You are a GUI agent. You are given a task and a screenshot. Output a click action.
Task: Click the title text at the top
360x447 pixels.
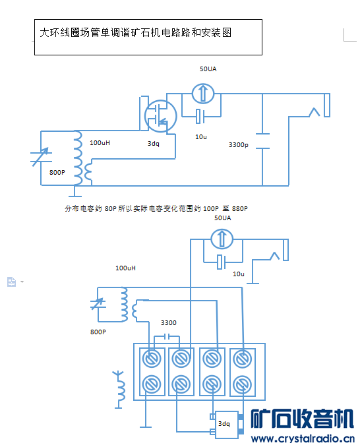pos(135,32)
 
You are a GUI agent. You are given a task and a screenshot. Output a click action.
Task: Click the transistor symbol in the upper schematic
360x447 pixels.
pos(160,116)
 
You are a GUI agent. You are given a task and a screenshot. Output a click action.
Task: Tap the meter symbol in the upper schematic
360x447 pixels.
pos(203,93)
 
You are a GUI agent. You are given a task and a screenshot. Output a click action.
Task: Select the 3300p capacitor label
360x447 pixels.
pos(238,145)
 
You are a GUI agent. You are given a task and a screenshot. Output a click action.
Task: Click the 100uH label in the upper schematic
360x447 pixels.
pos(100,142)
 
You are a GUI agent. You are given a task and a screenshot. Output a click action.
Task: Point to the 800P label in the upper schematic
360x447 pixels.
pos(57,172)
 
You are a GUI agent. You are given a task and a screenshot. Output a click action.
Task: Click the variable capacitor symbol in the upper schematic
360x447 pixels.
pos(41,157)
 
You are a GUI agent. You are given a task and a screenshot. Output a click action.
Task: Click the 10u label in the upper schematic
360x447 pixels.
pos(201,137)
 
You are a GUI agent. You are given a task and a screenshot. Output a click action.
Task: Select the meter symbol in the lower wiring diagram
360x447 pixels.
pos(222,239)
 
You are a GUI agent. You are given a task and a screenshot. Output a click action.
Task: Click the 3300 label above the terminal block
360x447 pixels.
pos(168,322)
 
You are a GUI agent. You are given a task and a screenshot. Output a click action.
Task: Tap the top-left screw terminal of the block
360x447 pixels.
pos(152,359)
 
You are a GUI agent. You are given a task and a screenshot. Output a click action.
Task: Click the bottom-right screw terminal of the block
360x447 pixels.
pos(242,384)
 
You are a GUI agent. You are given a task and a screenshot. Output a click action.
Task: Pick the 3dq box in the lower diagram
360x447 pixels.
pos(227,425)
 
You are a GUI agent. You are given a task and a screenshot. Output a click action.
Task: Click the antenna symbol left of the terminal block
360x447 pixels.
pos(119,390)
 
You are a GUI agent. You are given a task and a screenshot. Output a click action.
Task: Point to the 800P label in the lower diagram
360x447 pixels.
pos(98,332)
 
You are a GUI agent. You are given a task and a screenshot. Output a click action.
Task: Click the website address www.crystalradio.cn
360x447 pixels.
pos(303,438)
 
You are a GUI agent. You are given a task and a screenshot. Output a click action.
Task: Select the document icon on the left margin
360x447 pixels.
pos(11,282)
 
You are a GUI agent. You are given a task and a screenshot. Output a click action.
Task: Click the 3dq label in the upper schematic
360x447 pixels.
pos(154,143)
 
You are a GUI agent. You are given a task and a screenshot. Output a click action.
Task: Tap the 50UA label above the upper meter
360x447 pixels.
pos(208,69)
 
